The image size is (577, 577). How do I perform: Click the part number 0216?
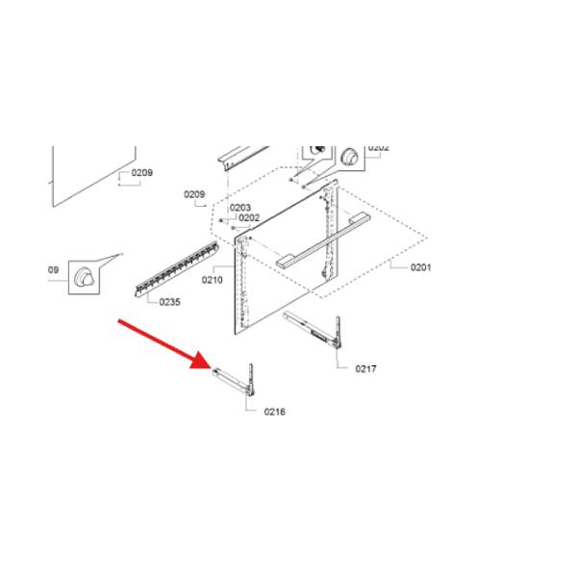tap(274, 412)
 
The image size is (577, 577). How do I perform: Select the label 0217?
tap(365, 369)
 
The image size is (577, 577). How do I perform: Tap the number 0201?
tap(420, 267)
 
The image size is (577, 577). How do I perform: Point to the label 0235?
tap(169, 302)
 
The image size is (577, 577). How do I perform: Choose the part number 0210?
tap(212, 280)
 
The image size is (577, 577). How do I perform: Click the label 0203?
tap(239, 208)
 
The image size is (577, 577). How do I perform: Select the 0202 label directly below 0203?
tap(249, 218)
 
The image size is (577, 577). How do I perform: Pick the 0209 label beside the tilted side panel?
tap(142, 173)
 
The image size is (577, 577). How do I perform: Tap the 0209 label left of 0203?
tap(194, 194)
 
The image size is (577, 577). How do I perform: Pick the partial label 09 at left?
tap(54, 270)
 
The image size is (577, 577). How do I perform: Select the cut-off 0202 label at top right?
tap(378, 148)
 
